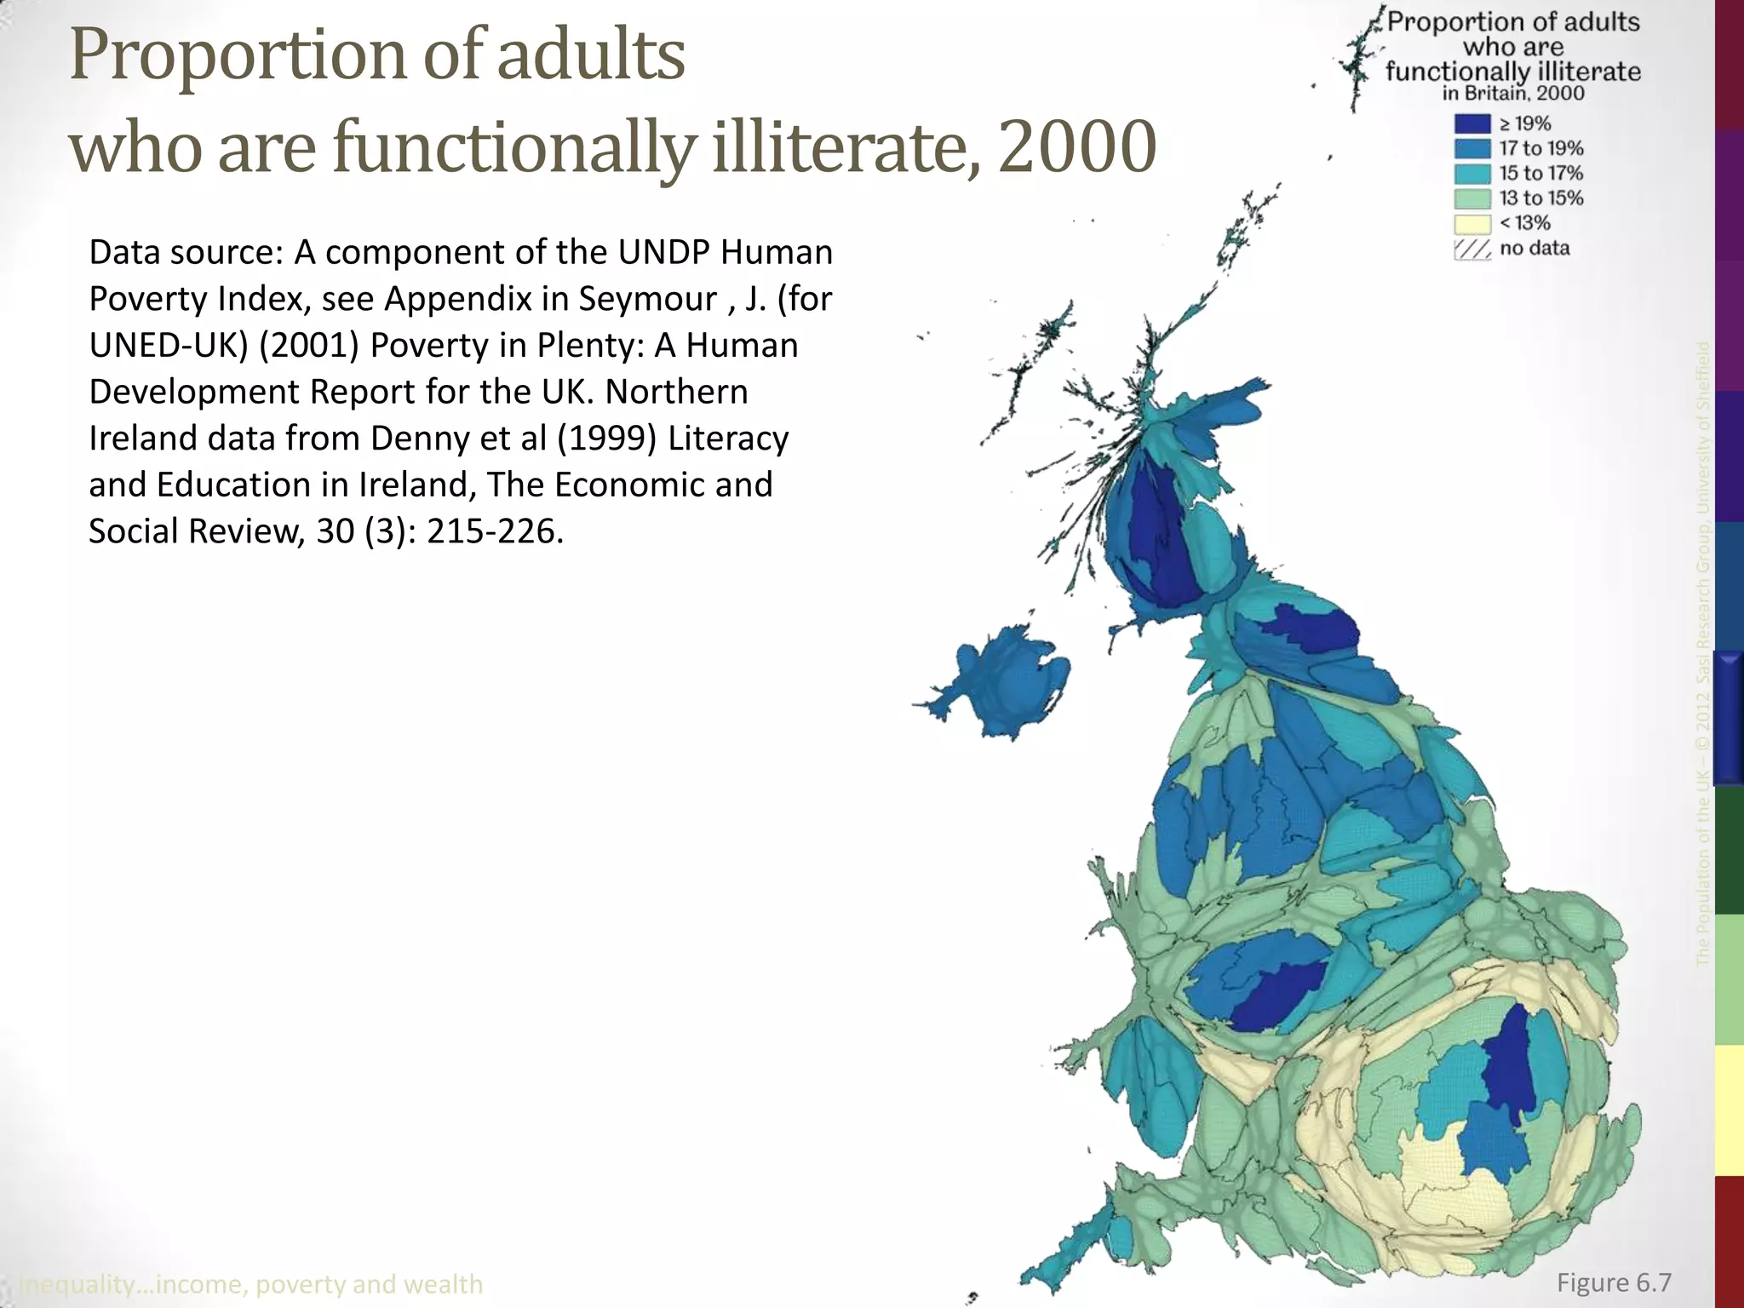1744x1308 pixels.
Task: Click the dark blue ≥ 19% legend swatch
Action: click(x=1472, y=124)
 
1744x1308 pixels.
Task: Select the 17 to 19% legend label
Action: click(x=1540, y=149)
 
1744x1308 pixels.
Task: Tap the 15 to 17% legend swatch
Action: click(x=1472, y=174)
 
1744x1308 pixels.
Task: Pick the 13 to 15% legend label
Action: click(x=1540, y=198)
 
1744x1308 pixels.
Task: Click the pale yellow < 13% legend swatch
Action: click(x=1472, y=224)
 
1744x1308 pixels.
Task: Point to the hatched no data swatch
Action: click(x=1472, y=250)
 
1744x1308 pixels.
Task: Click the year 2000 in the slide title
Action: click(x=1077, y=146)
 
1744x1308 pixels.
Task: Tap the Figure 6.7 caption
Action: click(x=1614, y=1282)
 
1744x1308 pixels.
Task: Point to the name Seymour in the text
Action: click(x=648, y=299)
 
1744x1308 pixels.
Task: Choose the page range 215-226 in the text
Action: click(x=495, y=531)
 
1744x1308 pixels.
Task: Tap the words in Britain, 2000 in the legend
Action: click(x=1513, y=94)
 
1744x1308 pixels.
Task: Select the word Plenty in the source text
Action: click(x=581, y=346)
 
